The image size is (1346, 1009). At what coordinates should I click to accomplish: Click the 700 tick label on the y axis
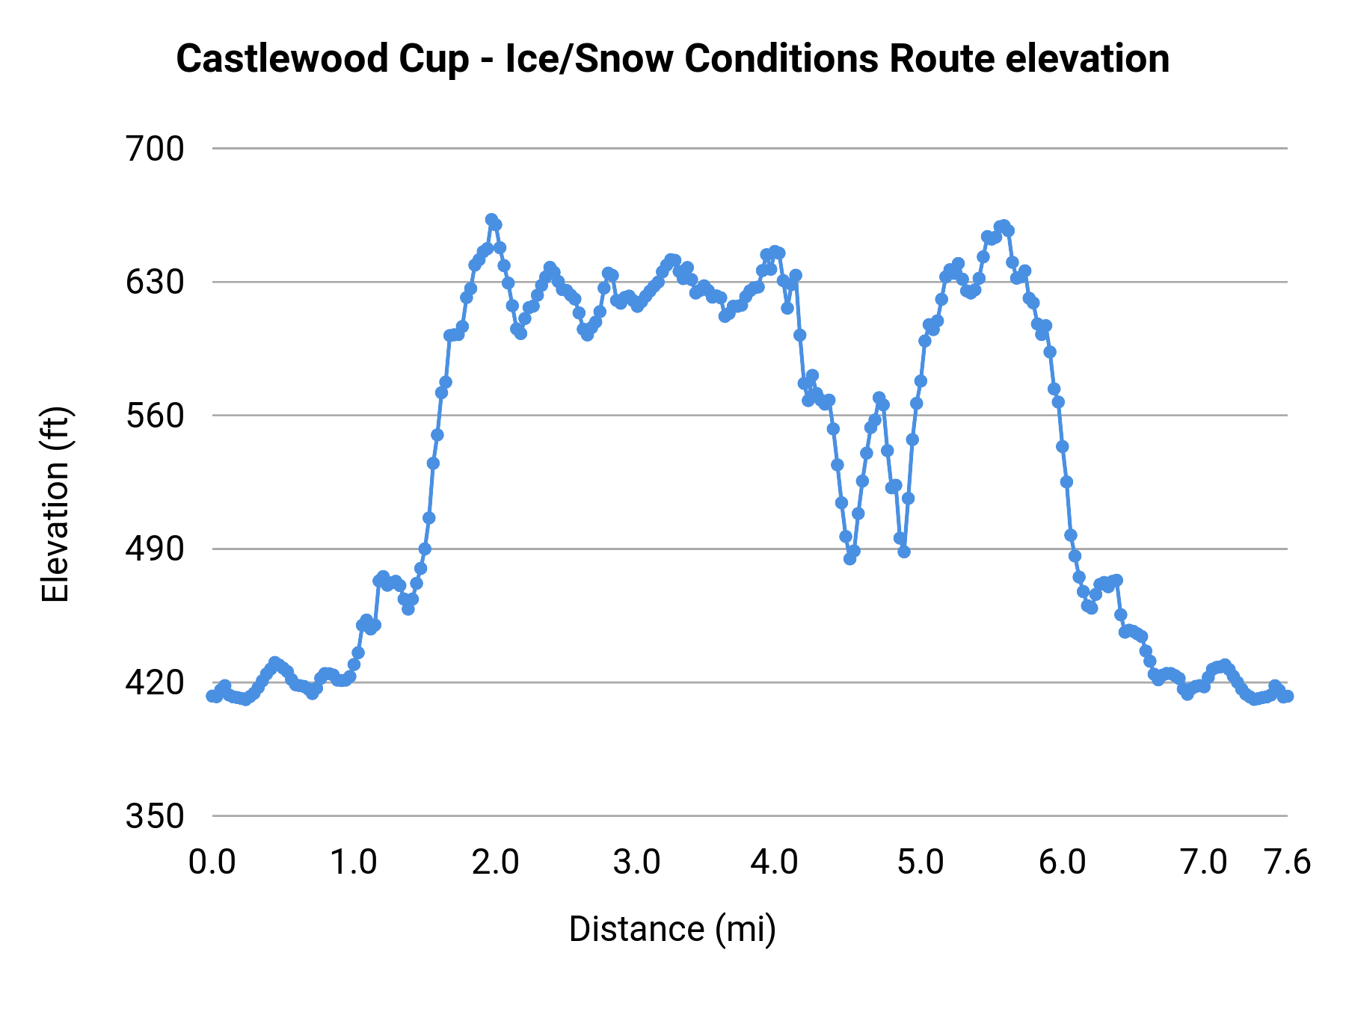click(x=155, y=149)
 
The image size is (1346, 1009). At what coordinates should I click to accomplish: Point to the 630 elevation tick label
click(x=155, y=283)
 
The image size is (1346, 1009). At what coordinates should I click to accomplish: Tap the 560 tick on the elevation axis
click(x=155, y=416)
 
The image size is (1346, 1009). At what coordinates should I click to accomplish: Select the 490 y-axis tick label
click(x=155, y=549)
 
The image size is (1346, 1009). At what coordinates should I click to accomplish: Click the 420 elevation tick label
click(x=155, y=682)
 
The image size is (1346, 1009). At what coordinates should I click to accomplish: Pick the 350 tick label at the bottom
click(x=155, y=816)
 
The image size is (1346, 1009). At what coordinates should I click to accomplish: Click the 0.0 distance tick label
click(x=212, y=863)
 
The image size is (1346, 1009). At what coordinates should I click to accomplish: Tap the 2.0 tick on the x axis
click(x=495, y=863)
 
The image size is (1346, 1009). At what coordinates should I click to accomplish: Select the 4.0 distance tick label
click(x=775, y=863)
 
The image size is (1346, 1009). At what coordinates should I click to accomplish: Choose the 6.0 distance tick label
click(x=1062, y=863)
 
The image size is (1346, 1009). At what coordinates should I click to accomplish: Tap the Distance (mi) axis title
click(x=672, y=929)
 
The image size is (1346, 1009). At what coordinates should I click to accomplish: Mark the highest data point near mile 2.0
click(x=491, y=220)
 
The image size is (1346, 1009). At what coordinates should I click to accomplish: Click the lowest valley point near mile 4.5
click(x=849, y=558)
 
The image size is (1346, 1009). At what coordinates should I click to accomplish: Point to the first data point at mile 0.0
click(x=212, y=696)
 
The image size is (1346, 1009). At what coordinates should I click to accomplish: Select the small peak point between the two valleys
click(x=879, y=398)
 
